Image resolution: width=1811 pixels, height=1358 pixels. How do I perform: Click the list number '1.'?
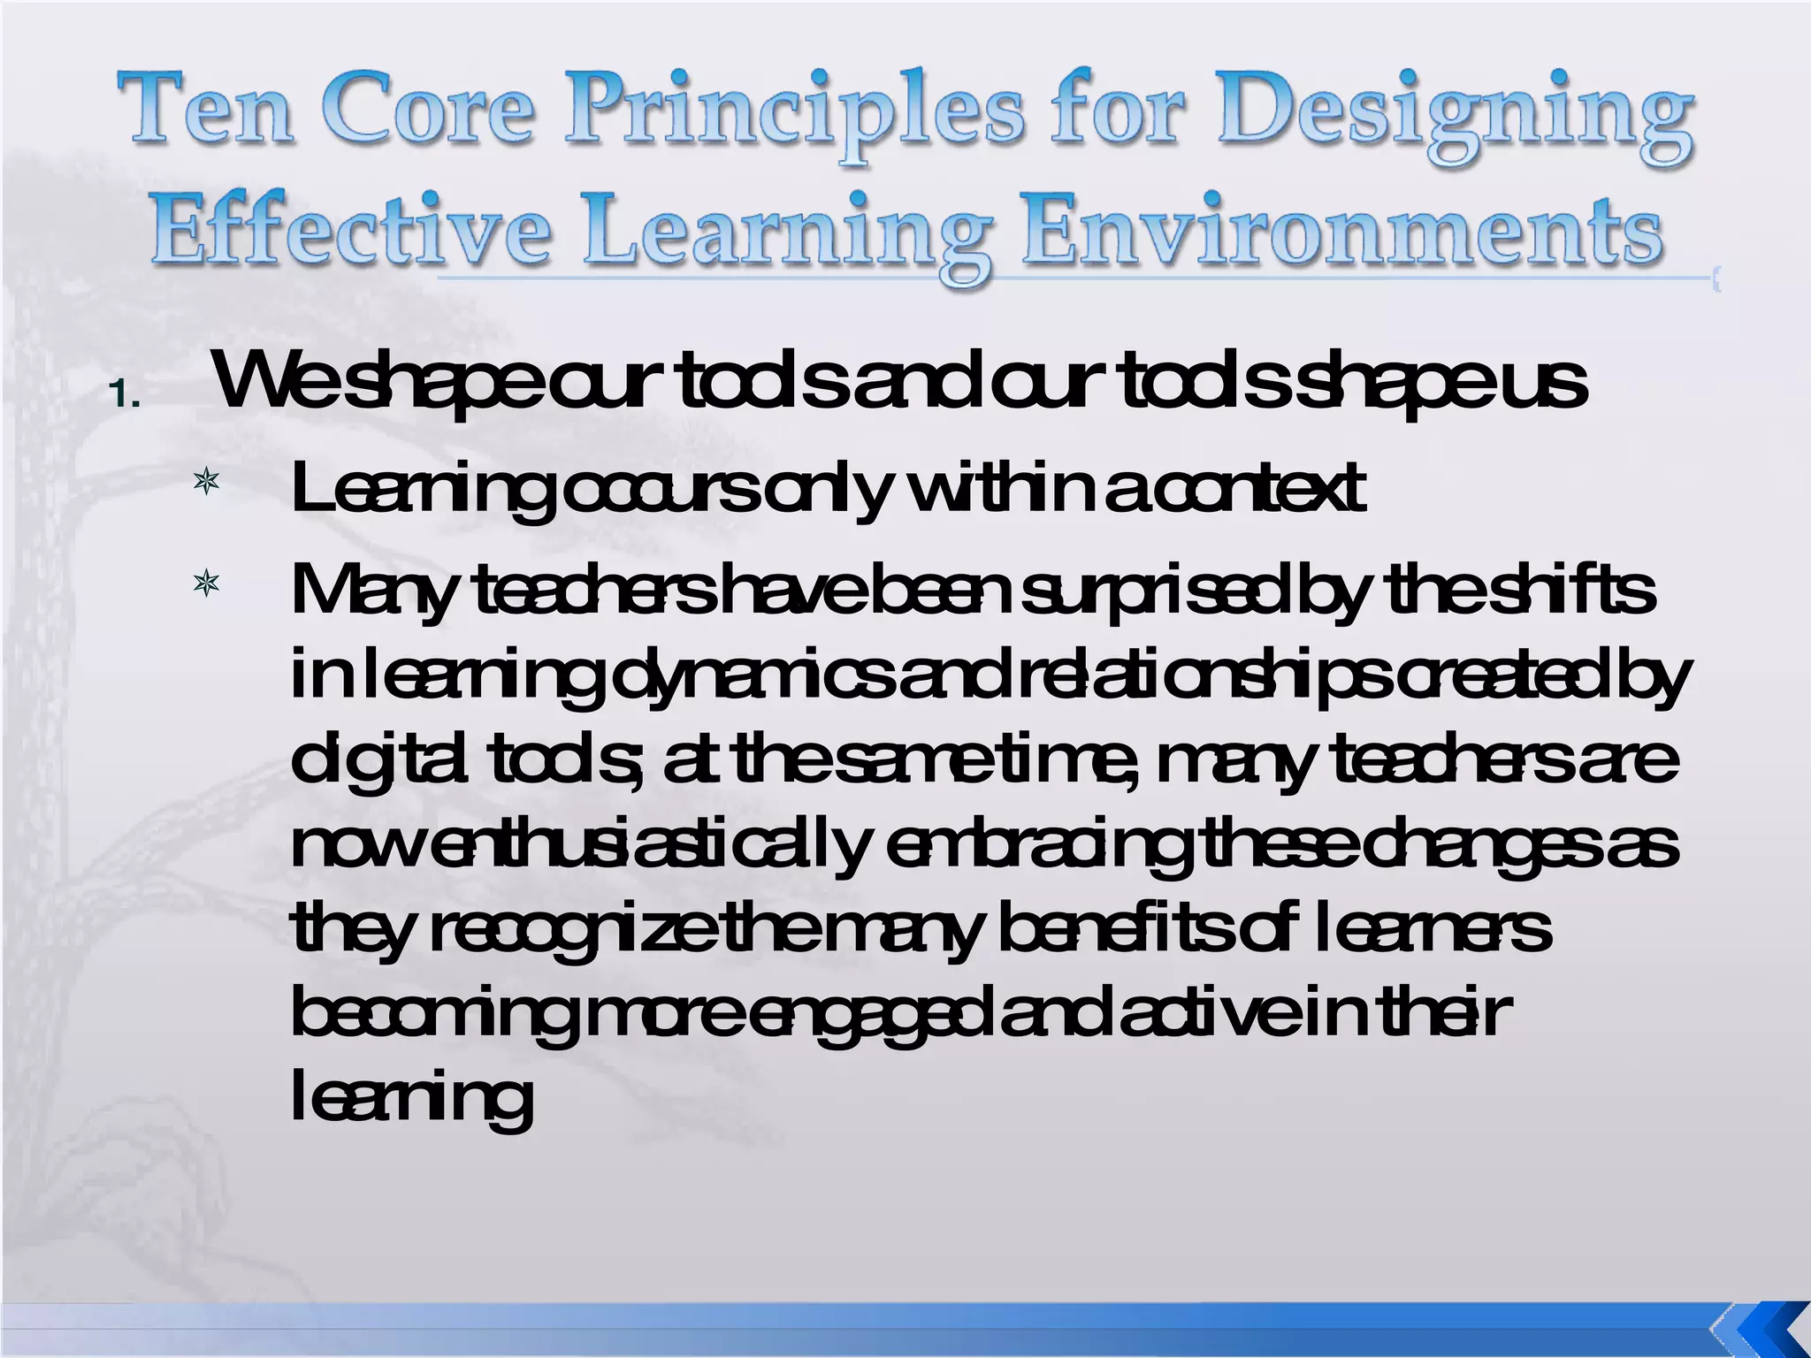point(126,395)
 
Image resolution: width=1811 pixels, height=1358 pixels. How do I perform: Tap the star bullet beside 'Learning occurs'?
point(206,483)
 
